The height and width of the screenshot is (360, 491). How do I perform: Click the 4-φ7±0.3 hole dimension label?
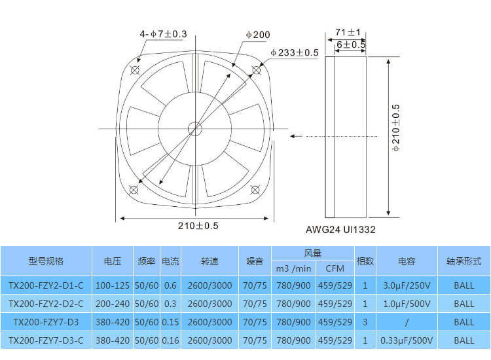(163, 34)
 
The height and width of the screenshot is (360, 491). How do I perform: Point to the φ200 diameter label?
(258, 35)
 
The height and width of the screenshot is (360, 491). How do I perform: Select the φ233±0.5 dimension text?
(295, 52)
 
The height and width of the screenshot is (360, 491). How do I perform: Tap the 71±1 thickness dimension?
(348, 32)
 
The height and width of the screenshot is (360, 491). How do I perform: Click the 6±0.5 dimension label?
(351, 45)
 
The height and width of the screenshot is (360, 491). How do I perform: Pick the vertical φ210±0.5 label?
(396, 128)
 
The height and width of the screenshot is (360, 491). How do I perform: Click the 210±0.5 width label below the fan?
(198, 226)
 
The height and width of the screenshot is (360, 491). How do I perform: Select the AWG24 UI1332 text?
(340, 230)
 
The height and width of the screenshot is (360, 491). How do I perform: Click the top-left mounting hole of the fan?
(135, 70)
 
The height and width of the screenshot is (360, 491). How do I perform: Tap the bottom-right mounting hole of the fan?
(255, 190)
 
